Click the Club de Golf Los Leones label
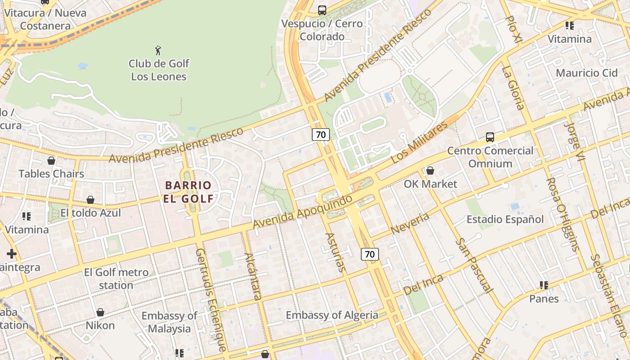click(x=159, y=70)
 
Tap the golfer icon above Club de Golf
click(x=158, y=50)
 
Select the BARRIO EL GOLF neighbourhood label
click(x=188, y=192)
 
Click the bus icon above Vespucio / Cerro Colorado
click(x=322, y=10)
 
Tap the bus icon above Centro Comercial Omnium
click(x=490, y=137)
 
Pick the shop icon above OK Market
click(x=430, y=171)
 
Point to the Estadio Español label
click(x=505, y=220)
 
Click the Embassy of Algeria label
click(x=332, y=315)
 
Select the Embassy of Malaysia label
click(x=169, y=322)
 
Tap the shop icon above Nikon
click(x=100, y=312)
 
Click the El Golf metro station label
click(x=116, y=279)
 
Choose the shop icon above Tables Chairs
click(x=51, y=161)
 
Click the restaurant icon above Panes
click(x=544, y=285)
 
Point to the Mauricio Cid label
click(x=587, y=73)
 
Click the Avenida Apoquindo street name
click(x=302, y=211)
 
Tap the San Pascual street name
click(x=474, y=265)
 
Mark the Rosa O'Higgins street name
click(x=561, y=214)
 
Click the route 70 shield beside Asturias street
click(x=369, y=254)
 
